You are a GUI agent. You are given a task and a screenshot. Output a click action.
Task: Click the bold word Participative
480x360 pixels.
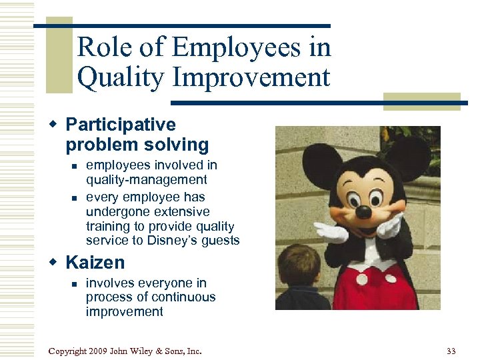(x=121, y=125)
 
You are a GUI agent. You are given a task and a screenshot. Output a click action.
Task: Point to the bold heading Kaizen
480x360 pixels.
(x=95, y=263)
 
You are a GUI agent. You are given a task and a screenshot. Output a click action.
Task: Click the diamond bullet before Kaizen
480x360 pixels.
(x=56, y=263)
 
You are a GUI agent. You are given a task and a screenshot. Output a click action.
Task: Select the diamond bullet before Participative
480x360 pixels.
(x=56, y=125)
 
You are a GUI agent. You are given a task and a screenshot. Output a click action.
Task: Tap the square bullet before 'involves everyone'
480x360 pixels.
(x=74, y=284)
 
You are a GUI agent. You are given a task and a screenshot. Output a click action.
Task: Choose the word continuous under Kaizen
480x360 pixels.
(x=184, y=297)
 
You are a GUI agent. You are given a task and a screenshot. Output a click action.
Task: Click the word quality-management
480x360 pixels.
(x=146, y=179)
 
